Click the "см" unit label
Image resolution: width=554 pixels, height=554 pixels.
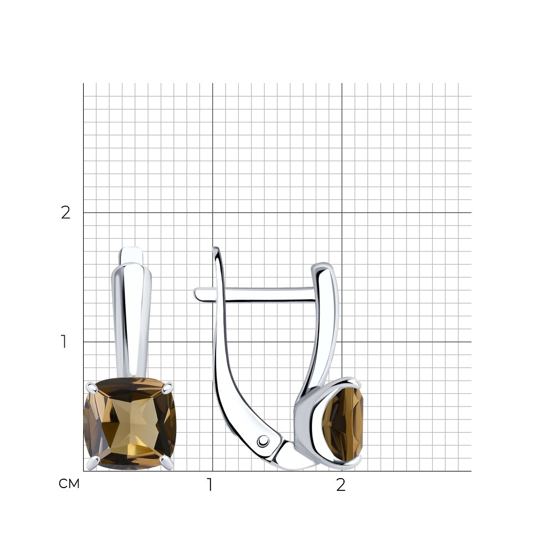[x=69, y=484]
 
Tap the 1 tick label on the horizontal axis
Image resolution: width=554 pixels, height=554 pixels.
[x=210, y=485]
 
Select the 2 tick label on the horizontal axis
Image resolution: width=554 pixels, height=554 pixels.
[x=341, y=485]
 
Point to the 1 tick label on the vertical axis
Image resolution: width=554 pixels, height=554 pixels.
[x=64, y=342]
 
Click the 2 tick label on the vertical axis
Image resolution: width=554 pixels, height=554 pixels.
[x=66, y=212]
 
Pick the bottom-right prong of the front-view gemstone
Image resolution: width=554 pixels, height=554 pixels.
[x=167, y=462]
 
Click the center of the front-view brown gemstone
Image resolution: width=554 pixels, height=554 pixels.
[x=130, y=424]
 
